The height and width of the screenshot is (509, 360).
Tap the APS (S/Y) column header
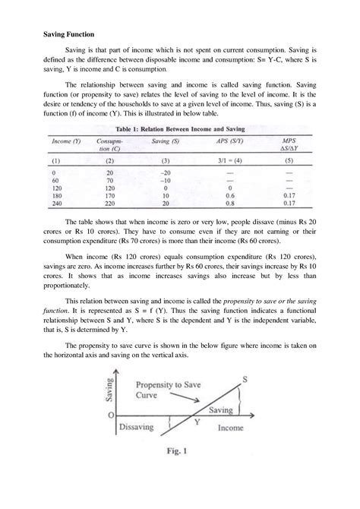point(231,141)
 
